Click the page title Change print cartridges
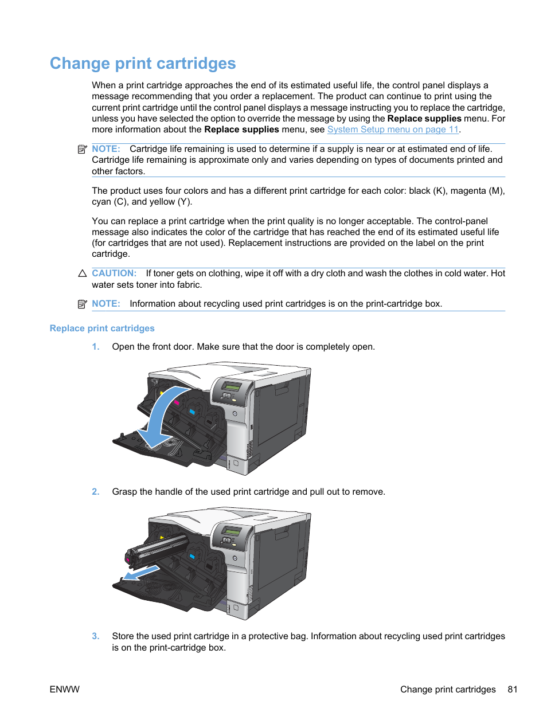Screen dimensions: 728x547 click(x=143, y=63)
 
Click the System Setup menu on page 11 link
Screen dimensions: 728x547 click(x=393, y=130)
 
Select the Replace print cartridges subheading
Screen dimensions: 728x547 click(x=102, y=328)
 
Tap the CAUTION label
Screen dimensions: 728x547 click(x=114, y=273)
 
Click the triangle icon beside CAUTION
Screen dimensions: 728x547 click(x=82, y=273)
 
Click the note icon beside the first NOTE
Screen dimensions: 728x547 click(x=82, y=149)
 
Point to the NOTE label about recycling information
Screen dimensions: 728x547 click(x=106, y=304)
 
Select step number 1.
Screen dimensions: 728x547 click(x=96, y=347)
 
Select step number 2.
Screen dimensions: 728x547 click(x=96, y=492)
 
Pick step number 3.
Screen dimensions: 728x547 click(x=96, y=636)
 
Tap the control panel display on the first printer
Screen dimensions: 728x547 click(x=232, y=386)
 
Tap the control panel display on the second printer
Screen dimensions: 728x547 click(x=232, y=531)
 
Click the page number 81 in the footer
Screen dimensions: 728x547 click(x=513, y=690)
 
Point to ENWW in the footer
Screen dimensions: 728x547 click(x=65, y=690)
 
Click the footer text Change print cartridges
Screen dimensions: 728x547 click(x=448, y=690)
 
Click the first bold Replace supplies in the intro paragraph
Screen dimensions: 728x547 click(x=424, y=119)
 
